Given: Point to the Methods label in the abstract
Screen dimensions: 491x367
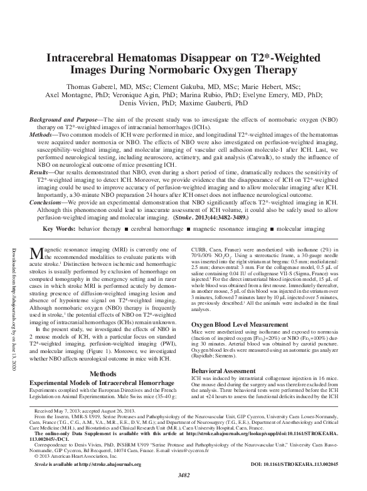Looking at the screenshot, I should pyautogui.click(x=47, y=134).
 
